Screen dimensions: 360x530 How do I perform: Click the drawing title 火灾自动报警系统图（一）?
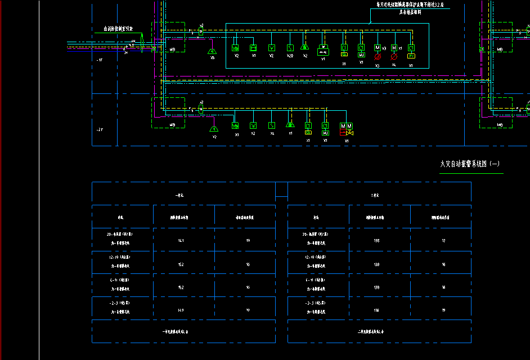470,164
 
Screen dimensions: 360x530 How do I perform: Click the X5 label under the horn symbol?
212,57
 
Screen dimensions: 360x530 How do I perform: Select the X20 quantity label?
290,56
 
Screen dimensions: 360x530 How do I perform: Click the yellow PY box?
411,56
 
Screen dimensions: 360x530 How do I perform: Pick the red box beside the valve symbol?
343,133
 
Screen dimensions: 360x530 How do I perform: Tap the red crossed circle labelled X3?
377,57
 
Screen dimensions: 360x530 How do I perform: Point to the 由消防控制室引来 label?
118,29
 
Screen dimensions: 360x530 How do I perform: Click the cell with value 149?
181,310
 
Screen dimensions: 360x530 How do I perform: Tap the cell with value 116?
376,310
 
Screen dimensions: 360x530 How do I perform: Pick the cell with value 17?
443,241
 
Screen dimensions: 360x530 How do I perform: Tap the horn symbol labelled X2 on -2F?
214,121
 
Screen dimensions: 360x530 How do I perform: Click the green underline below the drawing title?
471,174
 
